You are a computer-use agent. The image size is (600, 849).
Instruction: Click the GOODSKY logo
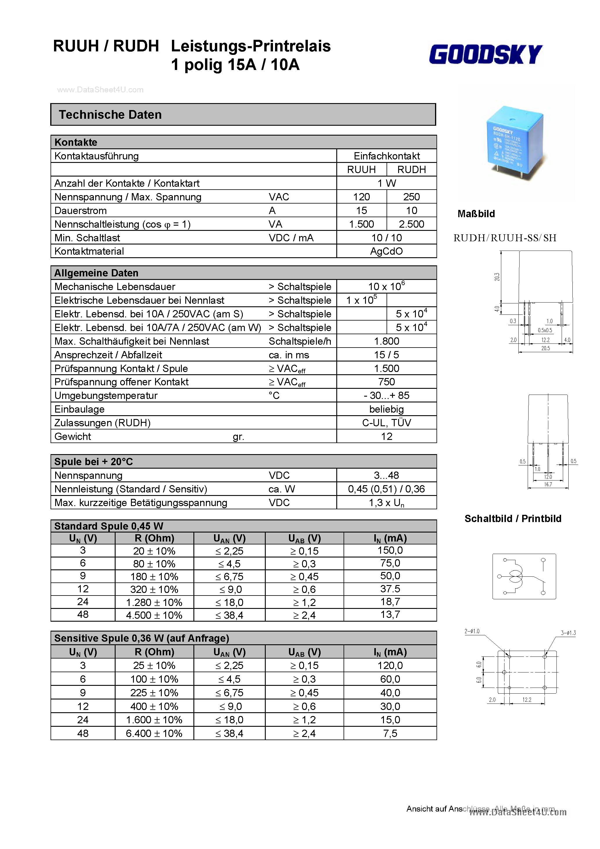pyautogui.click(x=485, y=54)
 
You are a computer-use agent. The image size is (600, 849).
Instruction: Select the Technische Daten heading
pyautogui.click(x=110, y=115)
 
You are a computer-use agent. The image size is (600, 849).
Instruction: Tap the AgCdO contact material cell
pyautogui.click(x=386, y=251)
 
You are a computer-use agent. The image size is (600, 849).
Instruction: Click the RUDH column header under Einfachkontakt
pyautogui.click(x=411, y=170)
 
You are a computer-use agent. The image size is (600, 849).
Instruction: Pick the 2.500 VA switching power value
pyautogui.click(x=411, y=224)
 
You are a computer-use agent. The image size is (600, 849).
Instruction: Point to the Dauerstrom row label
pyautogui.click(x=81, y=211)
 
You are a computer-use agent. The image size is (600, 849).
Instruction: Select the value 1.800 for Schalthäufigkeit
pyautogui.click(x=386, y=341)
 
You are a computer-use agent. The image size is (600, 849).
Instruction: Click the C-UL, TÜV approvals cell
pyautogui.click(x=386, y=423)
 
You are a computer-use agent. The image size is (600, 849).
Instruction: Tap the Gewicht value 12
pyautogui.click(x=386, y=437)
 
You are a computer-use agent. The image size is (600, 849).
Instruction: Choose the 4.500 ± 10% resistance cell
pyautogui.click(x=154, y=615)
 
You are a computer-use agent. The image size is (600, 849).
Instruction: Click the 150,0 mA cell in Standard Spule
pyautogui.click(x=390, y=551)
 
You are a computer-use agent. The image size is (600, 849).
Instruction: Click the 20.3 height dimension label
pyautogui.click(x=497, y=277)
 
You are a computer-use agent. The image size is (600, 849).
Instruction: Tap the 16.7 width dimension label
pyautogui.click(x=548, y=484)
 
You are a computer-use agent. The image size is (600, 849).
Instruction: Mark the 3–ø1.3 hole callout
pyautogui.click(x=568, y=633)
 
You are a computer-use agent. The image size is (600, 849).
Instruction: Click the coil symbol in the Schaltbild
pyautogui.click(x=515, y=576)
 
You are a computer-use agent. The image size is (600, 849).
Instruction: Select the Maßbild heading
pyautogui.click(x=476, y=214)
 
